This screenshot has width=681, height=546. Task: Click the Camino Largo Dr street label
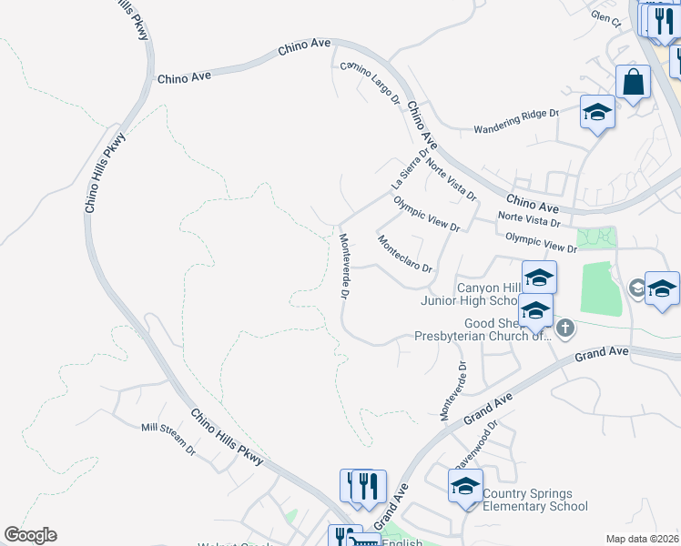click(x=371, y=82)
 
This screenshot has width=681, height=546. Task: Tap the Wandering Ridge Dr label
click(x=514, y=121)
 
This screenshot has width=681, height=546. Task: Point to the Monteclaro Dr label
click(x=404, y=255)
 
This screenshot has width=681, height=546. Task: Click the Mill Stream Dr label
click(x=168, y=439)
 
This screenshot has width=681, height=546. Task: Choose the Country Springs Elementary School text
click(x=535, y=500)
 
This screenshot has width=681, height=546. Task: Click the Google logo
click(x=30, y=535)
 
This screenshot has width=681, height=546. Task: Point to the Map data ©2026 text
click(x=642, y=539)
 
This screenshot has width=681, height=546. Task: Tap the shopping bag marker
click(x=633, y=82)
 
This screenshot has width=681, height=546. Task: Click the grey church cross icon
click(x=565, y=328)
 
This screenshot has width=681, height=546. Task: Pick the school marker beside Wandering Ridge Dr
click(x=597, y=113)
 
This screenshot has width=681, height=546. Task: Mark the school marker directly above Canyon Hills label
click(x=539, y=277)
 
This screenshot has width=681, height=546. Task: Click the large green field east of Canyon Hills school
click(x=597, y=288)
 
